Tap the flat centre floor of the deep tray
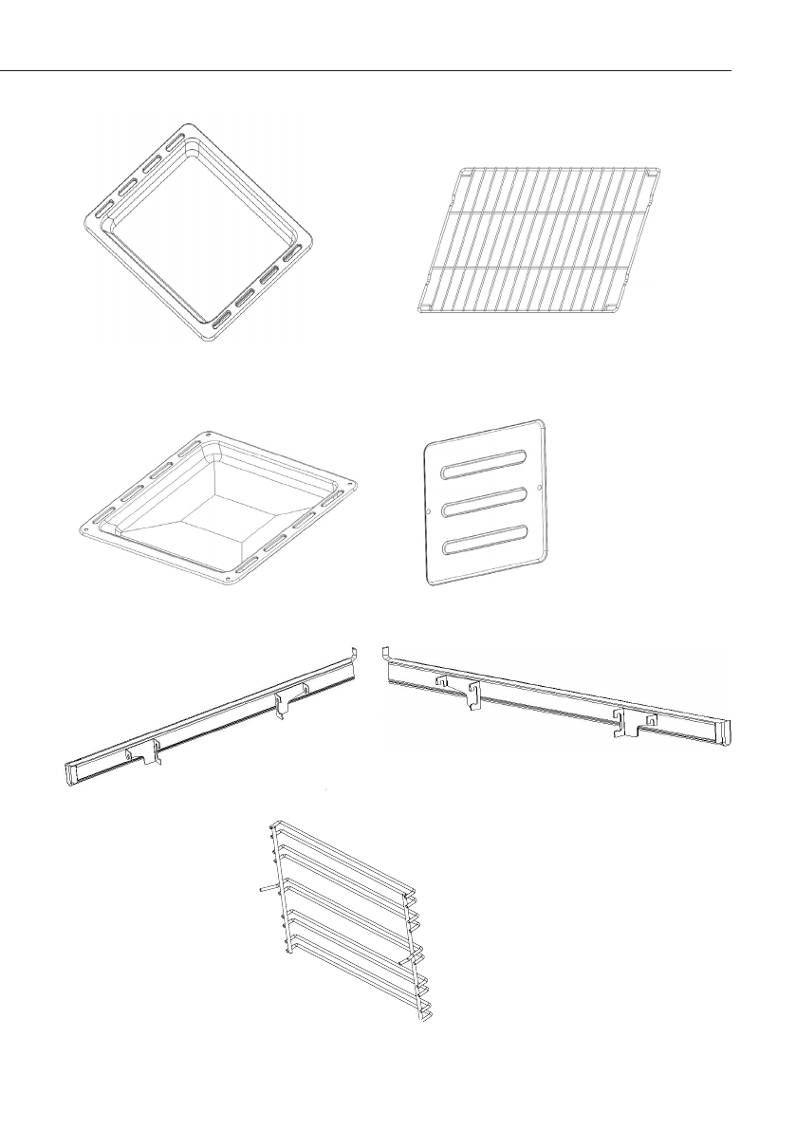pos(219,512)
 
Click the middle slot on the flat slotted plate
pos(485,502)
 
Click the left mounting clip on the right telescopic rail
pos(471,694)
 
